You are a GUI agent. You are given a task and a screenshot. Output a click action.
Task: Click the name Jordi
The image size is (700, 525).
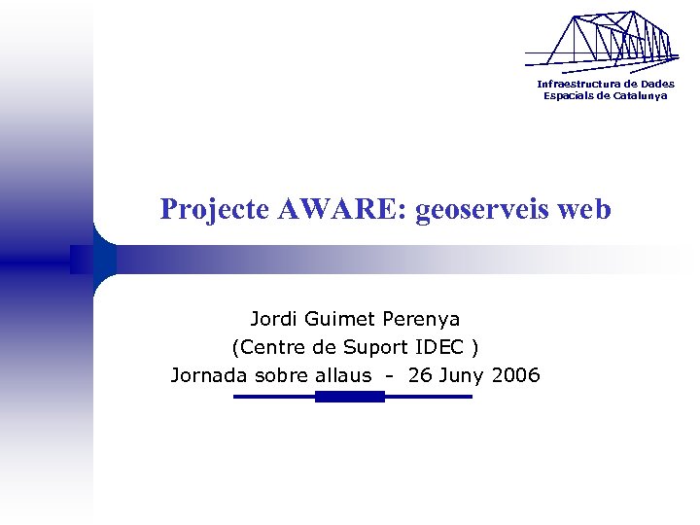[x=274, y=319]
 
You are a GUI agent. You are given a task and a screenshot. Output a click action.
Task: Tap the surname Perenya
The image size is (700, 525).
[x=421, y=319]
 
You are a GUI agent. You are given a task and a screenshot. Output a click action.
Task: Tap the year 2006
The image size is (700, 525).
[x=516, y=375]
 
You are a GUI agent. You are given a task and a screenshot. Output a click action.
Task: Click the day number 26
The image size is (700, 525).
[x=420, y=375]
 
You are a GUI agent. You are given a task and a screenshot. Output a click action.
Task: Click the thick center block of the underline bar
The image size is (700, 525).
[x=350, y=397]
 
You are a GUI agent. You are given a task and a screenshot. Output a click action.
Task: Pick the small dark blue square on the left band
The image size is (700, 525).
[x=81, y=259]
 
